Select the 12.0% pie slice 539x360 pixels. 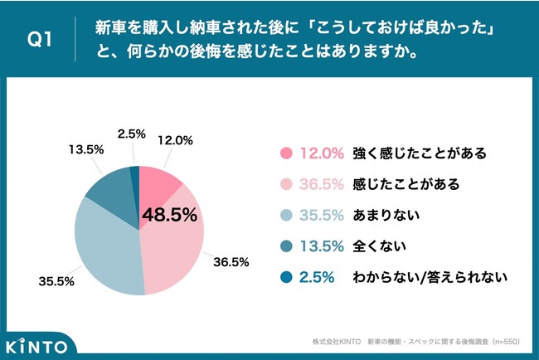coord(157,182)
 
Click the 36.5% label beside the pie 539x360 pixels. coord(231,261)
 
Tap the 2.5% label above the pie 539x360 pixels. coord(133,134)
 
